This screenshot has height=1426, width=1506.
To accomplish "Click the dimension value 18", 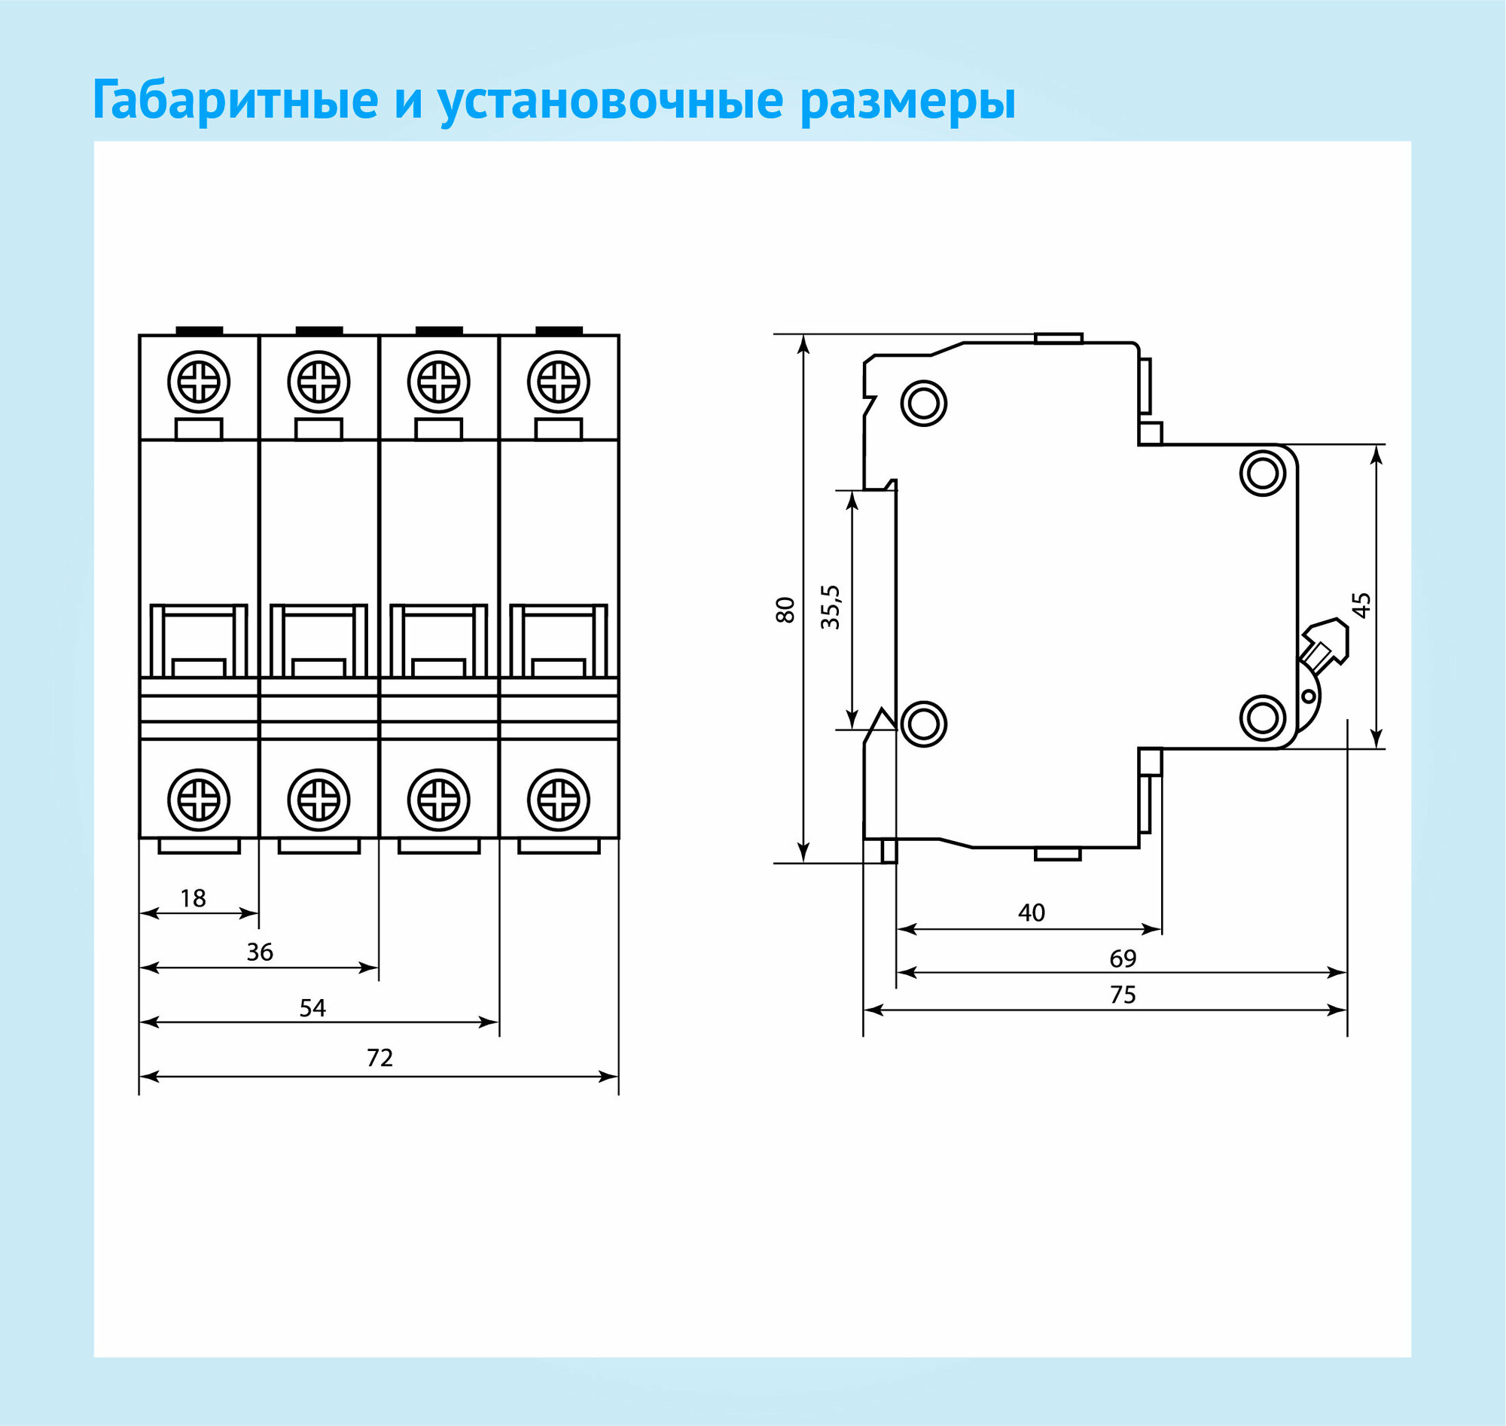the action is coord(193,898).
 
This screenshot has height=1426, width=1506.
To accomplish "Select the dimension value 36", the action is coord(260,952).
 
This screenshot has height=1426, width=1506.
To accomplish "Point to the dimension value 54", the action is coord(312,1008).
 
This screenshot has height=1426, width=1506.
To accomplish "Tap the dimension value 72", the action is coord(380,1058).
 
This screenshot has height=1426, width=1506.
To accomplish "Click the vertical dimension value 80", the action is coord(785,611).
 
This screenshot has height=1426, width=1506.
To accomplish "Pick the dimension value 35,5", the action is coord(831,608).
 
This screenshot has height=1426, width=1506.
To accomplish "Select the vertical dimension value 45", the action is coord(1361,605).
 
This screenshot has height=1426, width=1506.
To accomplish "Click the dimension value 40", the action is coord(1031,913).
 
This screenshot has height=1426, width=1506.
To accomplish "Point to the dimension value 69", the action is coord(1122,958).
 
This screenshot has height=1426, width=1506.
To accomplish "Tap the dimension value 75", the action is coord(1122,995).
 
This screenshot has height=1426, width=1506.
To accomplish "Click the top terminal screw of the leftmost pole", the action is coord(199,382).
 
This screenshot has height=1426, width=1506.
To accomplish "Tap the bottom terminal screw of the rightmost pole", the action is coord(559,800).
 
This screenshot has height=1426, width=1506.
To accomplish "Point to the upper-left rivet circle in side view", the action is coord(924,402).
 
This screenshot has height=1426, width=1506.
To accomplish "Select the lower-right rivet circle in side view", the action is coord(1263,718).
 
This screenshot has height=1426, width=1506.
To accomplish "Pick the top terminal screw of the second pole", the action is coord(319,382).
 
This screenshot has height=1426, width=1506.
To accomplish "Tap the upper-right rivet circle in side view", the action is coord(1263,472).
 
